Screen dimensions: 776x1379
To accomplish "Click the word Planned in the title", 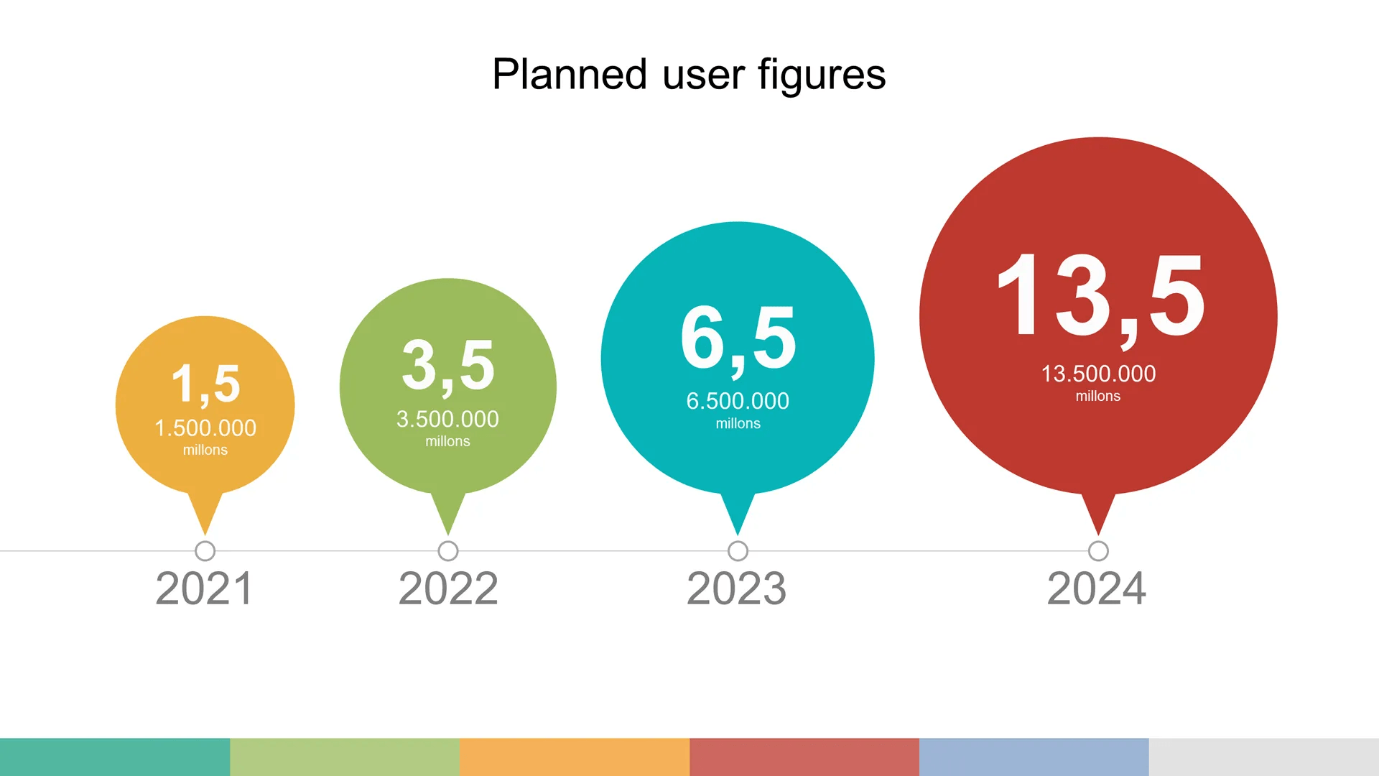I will pyautogui.click(x=570, y=75).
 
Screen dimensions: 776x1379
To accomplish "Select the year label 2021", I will pyautogui.click(x=205, y=588).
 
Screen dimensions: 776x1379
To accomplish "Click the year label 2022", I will pyautogui.click(x=448, y=588).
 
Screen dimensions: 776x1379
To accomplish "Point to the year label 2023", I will pyautogui.click(x=737, y=588).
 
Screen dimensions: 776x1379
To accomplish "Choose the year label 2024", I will pyautogui.click(x=1097, y=588).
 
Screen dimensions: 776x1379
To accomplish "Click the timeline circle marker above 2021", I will pyautogui.click(x=205, y=551).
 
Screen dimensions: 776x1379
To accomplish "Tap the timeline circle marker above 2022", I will pyautogui.click(x=448, y=551).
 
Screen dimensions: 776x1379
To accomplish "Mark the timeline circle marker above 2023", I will pyautogui.click(x=738, y=551).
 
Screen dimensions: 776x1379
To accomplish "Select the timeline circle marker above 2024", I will pyautogui.click(x=1098, y=551).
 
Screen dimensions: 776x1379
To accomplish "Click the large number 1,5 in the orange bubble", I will pyautogui.click(x=205, y=384).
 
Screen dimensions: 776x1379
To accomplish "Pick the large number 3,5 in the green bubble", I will pyautogui.click(x=448, y=366).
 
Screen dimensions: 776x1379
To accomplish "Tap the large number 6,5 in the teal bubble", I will pyautogui.click(x=738, y=338).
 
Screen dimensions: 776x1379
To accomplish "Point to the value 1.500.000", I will pyautogui.click(x=205, y=428).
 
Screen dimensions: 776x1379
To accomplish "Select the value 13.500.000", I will pyautogui.click(x=1098, y=374).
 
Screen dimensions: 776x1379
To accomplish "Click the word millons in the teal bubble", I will pyautogui.click(x=738, y=424).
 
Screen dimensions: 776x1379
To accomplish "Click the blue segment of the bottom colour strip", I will pyautogui.click(x=1034, y=757).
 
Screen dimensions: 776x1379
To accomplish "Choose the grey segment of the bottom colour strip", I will pyautogui.click(x=1264, y=757).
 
